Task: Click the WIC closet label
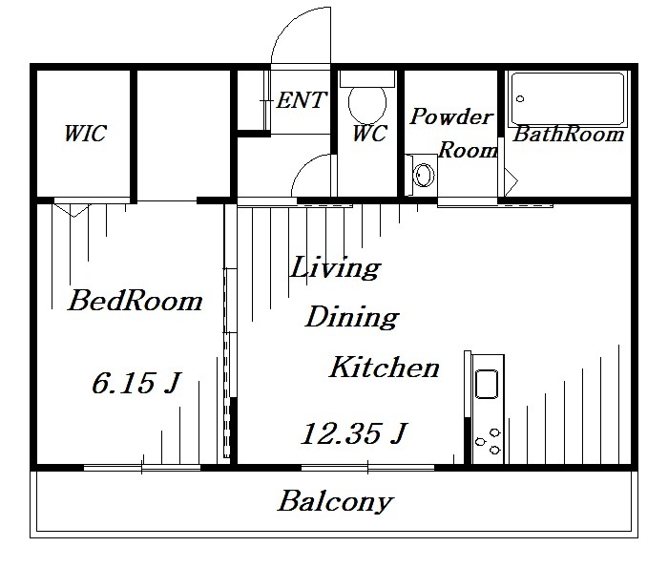click(85, 134)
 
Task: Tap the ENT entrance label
click(302, 100)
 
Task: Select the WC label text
click(369, 134)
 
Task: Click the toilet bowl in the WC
click(367, 103)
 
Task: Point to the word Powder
click(451, 116)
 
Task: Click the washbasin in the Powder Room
click(423, 175)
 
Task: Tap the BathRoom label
click(568, 135)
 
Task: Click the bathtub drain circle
click(520, 99)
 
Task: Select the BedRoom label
click(136, 301)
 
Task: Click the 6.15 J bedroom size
click(136, 382)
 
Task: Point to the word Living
click(335, 267)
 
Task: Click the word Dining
click(352, 317)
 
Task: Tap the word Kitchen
click(385, 368)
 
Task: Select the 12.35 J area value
click(354, 433)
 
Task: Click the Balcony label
click(335, 501)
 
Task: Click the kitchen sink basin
click(486, 385)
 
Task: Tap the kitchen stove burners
click(489, 441)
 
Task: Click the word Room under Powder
click(468, 150)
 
